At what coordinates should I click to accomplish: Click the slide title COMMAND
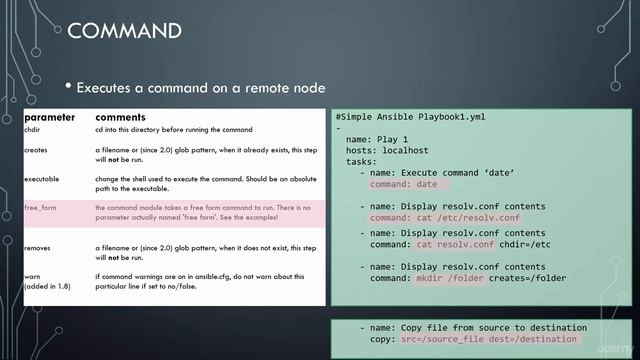click(124, 31)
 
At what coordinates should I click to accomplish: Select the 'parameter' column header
click(49, 118)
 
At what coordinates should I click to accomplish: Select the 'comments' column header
click(121, 118)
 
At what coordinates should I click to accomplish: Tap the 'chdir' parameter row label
click(35, 130)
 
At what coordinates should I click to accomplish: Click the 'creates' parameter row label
click(37, 149)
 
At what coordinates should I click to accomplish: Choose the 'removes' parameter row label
click(39, 245)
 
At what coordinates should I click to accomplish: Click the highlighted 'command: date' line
click(404, 184)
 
